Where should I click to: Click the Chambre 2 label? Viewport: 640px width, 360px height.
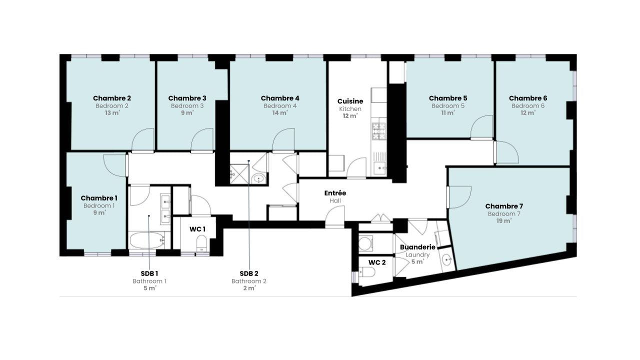[x=112, y=98]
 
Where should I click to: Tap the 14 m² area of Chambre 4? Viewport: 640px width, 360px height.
[x=279, y=113]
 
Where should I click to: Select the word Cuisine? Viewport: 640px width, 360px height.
[x=350, y=101]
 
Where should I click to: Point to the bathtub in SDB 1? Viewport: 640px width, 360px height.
[x=147, y=240]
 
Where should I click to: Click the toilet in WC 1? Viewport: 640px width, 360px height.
[x=201, y=243]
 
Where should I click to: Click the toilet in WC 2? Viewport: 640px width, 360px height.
[x=367, y=272]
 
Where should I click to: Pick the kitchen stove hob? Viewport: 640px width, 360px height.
[x=379, y=131]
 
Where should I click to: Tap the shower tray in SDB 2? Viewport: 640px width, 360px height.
[x=239, y=174]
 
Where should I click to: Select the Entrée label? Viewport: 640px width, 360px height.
[x=335, y=193]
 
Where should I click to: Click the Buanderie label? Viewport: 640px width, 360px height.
[x=417, y=247]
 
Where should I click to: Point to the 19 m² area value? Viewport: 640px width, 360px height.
[x=504, y=221]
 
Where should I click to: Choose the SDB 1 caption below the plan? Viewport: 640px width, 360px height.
[x=149, y=273]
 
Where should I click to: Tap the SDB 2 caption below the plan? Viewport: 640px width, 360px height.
[x=249, y=273]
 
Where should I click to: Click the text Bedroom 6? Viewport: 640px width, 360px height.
[x=528, y=106]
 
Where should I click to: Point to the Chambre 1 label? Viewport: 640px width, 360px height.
[x=99, y=198]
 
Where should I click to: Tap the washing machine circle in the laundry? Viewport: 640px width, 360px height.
[x=365, y=243]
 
